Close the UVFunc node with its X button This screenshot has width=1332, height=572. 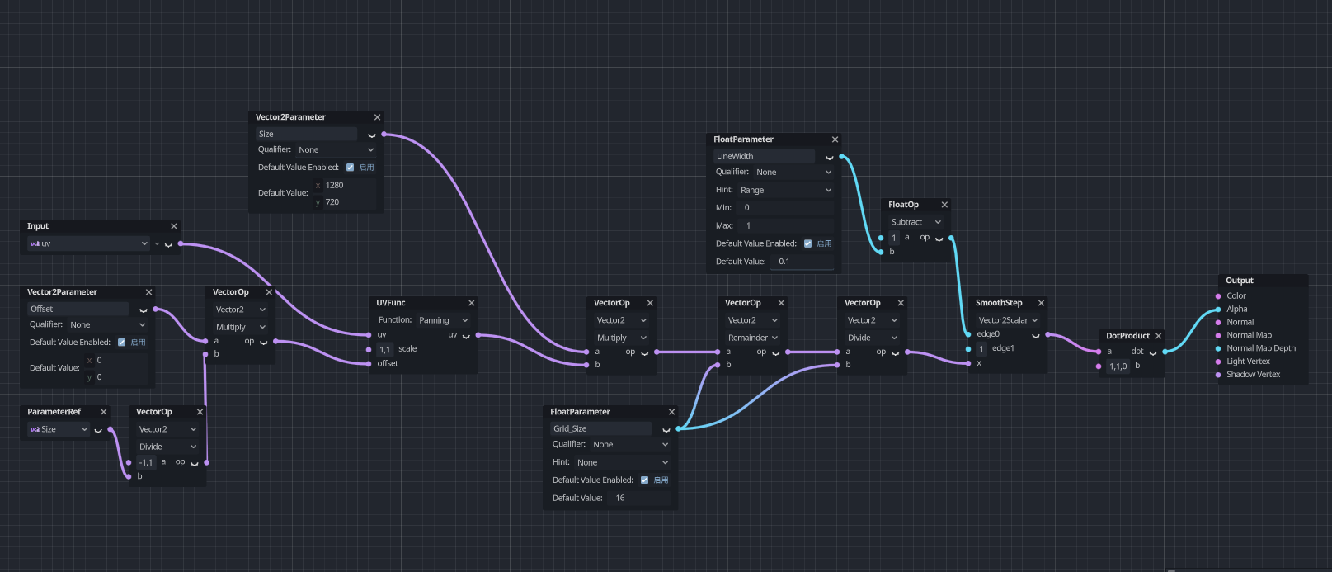tap(472, 303)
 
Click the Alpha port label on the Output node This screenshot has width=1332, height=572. tap(1237, 309)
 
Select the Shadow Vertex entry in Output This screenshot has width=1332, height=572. tap(1253, 375)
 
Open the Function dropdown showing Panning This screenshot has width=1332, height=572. tap(443, 320)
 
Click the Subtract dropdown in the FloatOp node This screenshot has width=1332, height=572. tap(915, 222)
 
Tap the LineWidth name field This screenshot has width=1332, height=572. tap(764, 156)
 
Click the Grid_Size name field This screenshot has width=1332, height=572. tap(600, 428)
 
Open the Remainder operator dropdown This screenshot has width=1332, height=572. tap(752, 338)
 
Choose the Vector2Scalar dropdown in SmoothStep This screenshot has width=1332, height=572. tap(1008, 320)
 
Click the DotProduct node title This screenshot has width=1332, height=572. tap(1127, 336)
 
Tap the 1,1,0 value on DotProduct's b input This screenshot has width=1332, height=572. tap(1118, 366)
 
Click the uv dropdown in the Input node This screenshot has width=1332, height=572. tap(88, 243)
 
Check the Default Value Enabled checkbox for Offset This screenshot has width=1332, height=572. tap(121, 343)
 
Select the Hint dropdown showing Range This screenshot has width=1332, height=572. tap(785, 190)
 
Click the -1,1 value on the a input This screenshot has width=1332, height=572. tap(146, 462)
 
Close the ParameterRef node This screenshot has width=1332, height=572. tap(103, 412)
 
